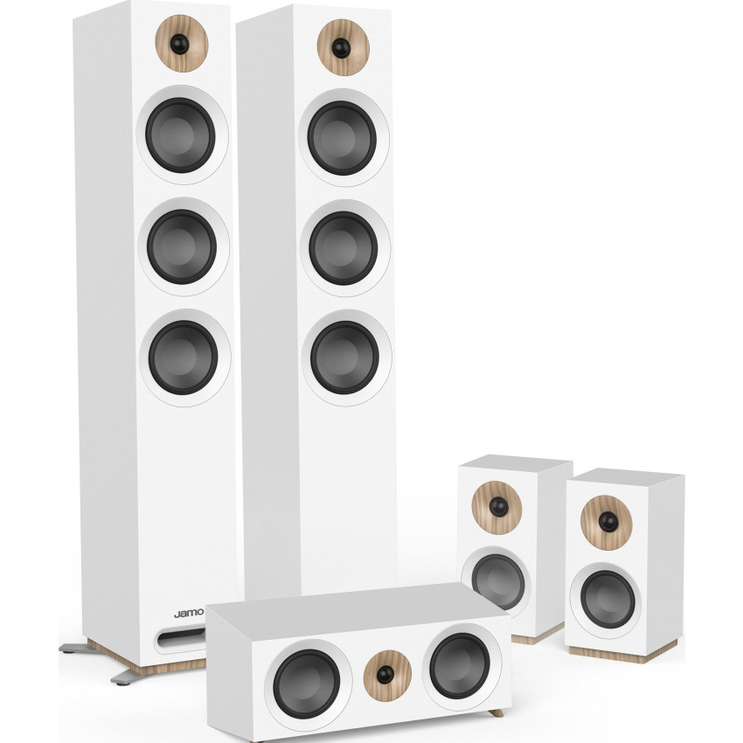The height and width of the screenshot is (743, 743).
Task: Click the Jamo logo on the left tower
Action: point(188,613)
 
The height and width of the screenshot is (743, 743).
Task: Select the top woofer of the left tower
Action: point(181,135)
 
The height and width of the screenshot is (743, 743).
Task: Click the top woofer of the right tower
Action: point(342,137)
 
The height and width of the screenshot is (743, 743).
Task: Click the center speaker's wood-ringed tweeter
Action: point(381,670)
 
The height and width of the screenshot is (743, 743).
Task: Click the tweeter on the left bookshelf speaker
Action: point(497,507)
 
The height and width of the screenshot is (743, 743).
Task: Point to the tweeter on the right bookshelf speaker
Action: point(606,521)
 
